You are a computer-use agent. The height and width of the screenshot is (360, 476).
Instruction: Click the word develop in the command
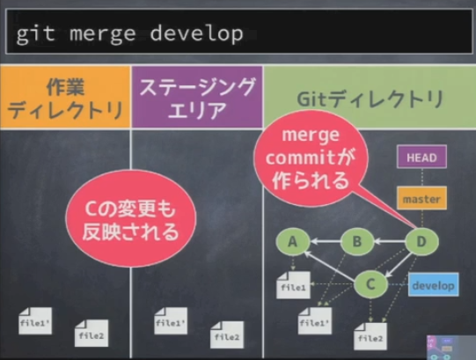pyautogui.click(x=197, y=33)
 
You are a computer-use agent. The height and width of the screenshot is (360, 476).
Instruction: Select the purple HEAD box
pyautogui.click(x=421, y=157)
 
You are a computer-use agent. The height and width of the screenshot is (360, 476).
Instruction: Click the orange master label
pyautogui.click(x=421, y=199)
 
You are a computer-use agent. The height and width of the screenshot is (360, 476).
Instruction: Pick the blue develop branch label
pyautogui.click(x=434, y=285)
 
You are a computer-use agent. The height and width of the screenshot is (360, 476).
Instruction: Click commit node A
pyautogui.click(x=293, y=241)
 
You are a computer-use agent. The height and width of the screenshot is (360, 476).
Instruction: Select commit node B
pyautogui.click(x=357, y=241)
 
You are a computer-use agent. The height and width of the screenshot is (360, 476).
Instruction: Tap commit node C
pyautogui.click(x=370, y=284)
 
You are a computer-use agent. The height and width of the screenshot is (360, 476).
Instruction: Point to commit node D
pyautogui.click(x=421, y=241)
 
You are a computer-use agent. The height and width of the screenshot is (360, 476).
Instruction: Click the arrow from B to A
pyautogui.click(x=326, y=241)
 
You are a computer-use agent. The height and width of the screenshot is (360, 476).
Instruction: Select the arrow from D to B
pyautogui.click(x=390, y=241)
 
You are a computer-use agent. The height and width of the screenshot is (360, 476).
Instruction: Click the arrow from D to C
pyautogui.click(x=399, y=264)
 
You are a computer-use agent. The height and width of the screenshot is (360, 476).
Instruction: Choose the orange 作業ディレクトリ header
pyautogui.click(x=65, y=97)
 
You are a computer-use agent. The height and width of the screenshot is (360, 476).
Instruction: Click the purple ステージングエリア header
pyautogui.click(x=197, y=97)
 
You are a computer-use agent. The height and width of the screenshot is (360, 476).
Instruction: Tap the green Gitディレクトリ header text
pyautogui.click(x=370, y=99)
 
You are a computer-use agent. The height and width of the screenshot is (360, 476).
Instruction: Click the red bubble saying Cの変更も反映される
pyautogui.click(x=131, y=218)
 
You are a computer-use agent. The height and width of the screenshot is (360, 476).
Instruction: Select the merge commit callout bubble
pyautogui.click(x=311, y=158)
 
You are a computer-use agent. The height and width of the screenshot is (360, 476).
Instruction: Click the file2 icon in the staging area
pyautogui.click(x=227, y=334)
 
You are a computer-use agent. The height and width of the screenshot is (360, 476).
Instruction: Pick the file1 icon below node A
pyautogui.click(x=293, y=285)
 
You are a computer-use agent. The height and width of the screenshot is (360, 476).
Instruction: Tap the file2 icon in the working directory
pyautogui.click(x=92, y=334)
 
